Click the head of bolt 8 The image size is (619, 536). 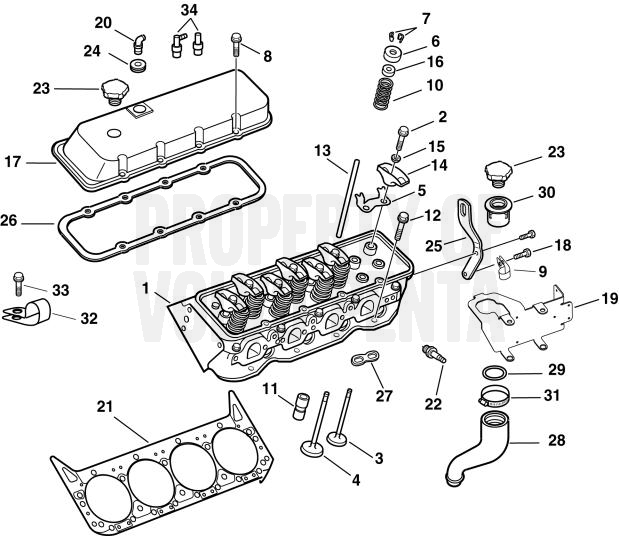[x=235, y=40]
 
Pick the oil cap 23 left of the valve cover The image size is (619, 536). [x=109, y=91]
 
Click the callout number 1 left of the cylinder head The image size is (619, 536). [x=148, y=287]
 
